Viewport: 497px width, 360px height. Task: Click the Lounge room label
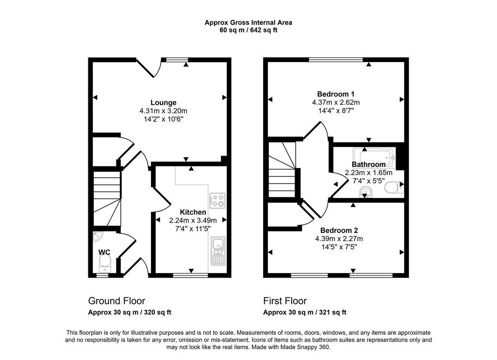click(163, 103)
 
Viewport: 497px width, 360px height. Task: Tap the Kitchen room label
click(193, 212)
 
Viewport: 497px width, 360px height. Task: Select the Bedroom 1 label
click(336, 94)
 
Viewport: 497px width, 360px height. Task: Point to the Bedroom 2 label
click(339, 230)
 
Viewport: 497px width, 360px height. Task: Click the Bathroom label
click(369, 164)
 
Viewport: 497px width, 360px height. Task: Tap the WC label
click(104, 252)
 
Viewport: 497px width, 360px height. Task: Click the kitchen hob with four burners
click(217, 200)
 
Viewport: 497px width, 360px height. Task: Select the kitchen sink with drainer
click(218, 251)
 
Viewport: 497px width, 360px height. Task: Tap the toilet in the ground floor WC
click(105, 264)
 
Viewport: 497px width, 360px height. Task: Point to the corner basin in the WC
click(97, 236)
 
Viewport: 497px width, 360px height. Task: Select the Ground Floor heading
click(116, 301)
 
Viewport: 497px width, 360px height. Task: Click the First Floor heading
click(285, 301)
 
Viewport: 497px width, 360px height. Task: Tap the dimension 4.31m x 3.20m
click(163, 111)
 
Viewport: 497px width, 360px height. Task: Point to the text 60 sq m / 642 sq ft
click(248, 31)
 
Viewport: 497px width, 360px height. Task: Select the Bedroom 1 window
click(336, 59)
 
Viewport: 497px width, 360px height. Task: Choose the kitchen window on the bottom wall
click(190, 276)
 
